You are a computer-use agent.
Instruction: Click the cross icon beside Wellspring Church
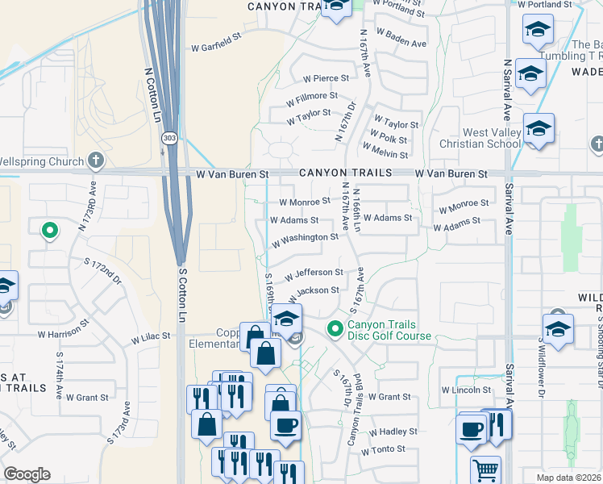tap(96, 161)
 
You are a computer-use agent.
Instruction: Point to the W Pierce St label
tap(326, 78)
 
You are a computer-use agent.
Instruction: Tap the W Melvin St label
tap(389, 152)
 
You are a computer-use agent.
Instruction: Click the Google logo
tap(27, 474)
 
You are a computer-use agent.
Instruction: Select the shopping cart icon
tap(485, 469)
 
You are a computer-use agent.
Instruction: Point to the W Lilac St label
tap(152, 336)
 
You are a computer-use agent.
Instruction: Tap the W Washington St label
tap(305, 239)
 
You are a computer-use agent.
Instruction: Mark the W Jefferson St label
tap(314, 273)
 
